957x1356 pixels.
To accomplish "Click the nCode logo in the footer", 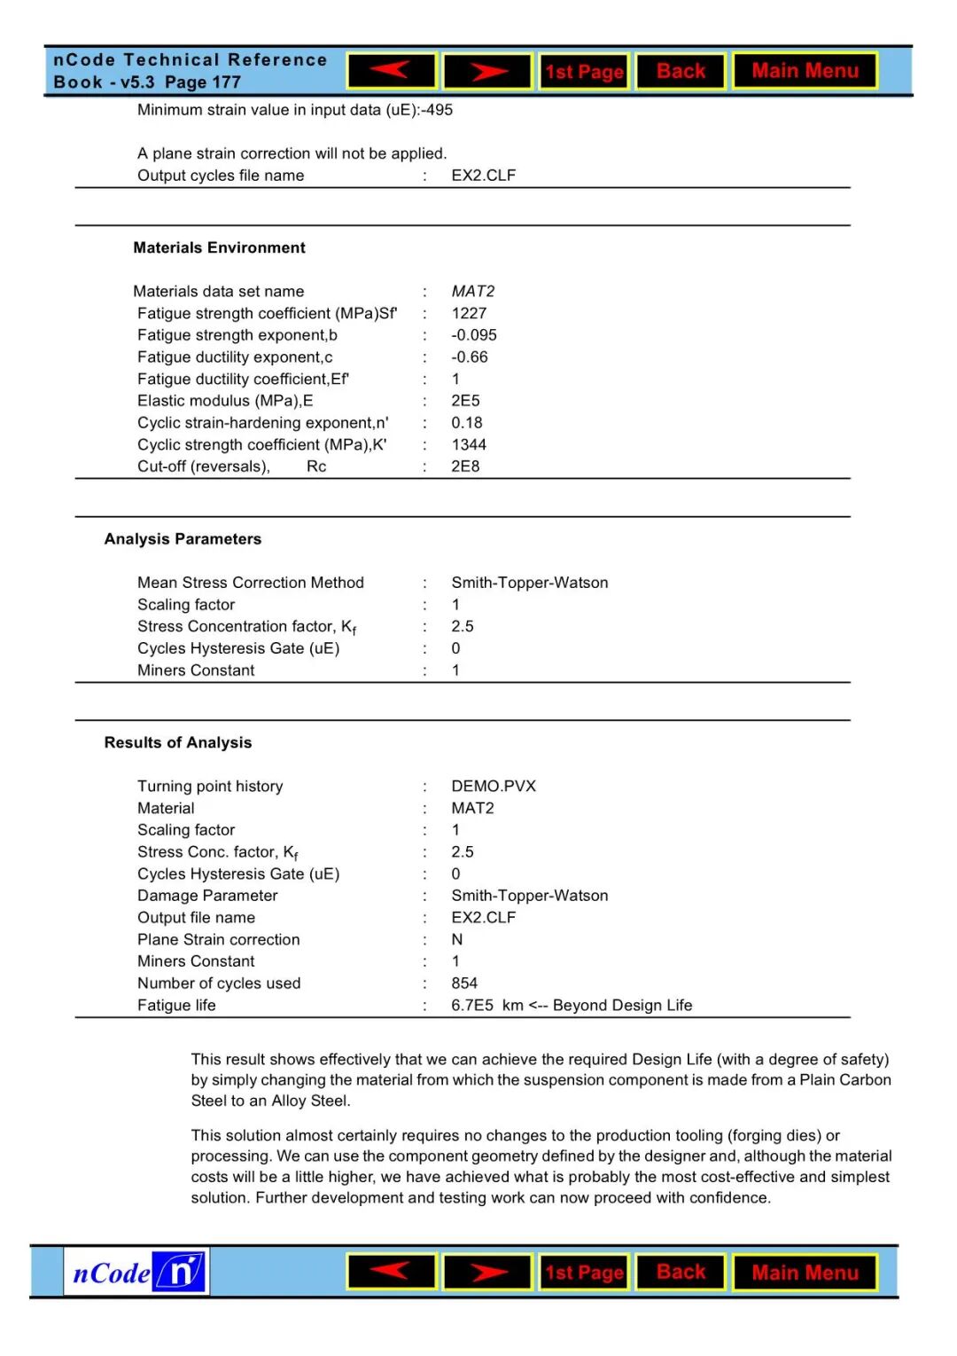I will [x=136, y=1273].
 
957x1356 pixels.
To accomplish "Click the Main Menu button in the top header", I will [x=805, y=71].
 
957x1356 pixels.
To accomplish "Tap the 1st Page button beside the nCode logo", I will [x=584, y=1273].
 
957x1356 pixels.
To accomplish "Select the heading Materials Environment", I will [x=219, y=247].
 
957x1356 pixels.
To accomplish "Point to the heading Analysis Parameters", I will [x=183, y=539].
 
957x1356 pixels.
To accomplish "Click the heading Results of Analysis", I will [x=177, y=742].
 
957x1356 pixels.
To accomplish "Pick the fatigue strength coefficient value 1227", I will [x=469, y=313].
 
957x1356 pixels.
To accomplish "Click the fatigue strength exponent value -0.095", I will [x=474, y=335].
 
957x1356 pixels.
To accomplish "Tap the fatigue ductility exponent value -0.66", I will [x=470, y=357].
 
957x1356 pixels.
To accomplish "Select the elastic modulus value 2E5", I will [x=465, y=401].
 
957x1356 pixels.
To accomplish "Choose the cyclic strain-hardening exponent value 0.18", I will [x=467, y=423].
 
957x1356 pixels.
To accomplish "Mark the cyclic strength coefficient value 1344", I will [x=469, y=444].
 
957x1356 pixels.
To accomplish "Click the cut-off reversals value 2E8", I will [x=465, y=466].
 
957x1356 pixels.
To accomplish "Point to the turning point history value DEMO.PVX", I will [x=494, y=786].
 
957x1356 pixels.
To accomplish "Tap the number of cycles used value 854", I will [x=464, y=983].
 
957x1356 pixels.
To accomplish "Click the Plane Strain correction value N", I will [x=457, y=939].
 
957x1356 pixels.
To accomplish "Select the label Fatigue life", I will [x=176, y=1005].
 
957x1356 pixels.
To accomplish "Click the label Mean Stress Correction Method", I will [x=250, y=583].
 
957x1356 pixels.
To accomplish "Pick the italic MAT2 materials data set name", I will [x=473, y=291].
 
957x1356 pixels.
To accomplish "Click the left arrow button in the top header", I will [x=392, y=71].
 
